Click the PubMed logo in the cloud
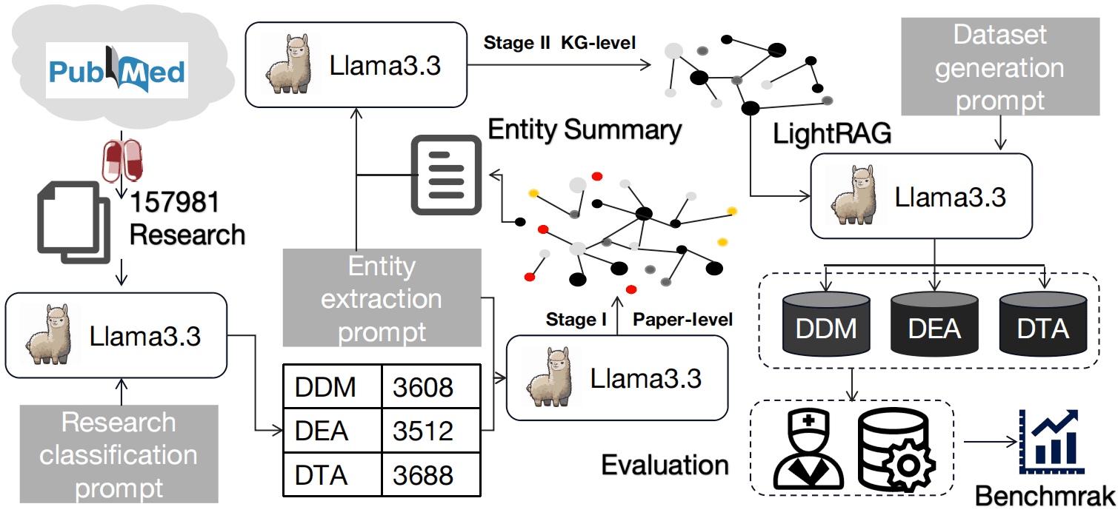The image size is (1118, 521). pyautogui.click(x=117, y=70)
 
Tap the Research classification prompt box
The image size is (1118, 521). pyautogui.click(x=119, y=454)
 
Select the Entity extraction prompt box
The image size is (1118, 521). pyautogui.click(x=382, y=298)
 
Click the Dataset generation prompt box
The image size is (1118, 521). pyautogui.click(x=999, y=67)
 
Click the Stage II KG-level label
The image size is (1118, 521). pyautogui.click(x=559, y=42)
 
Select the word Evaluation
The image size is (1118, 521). pyautogui.click(x=665, y=465)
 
